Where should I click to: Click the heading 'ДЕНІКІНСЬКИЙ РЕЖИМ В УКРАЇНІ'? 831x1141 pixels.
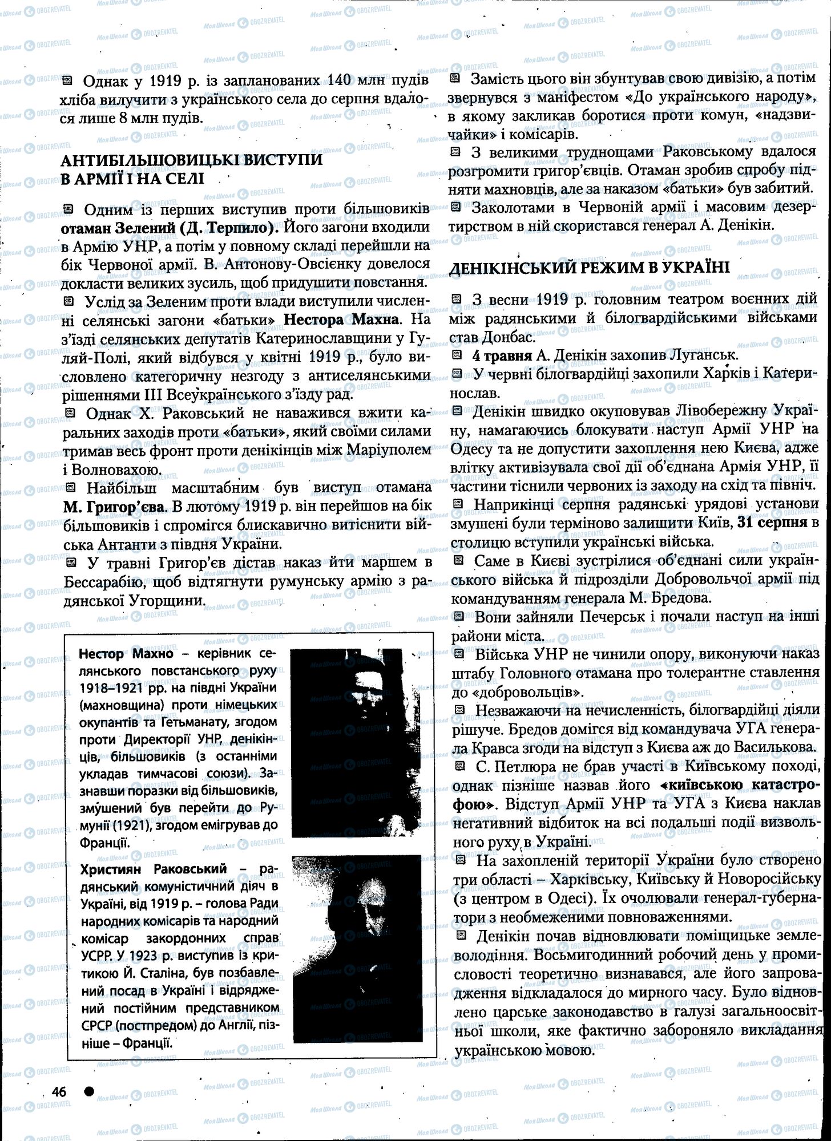click(590, 268)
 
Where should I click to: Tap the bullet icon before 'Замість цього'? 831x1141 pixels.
click(455, 79)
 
